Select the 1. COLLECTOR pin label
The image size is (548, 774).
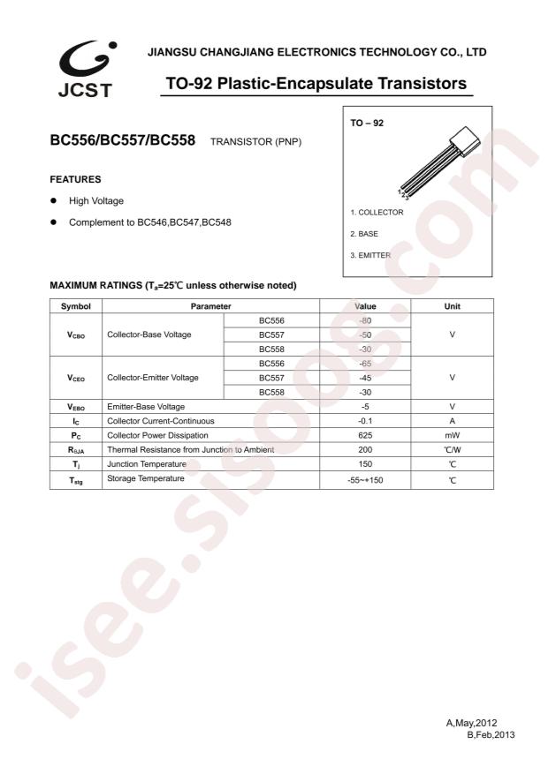click(376, 213)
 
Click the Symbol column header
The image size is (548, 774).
click(75, 306)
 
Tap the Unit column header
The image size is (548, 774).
click(452, 306)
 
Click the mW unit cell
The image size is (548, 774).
click(452, 435)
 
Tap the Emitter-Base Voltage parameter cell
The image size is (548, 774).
click(145, 406)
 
